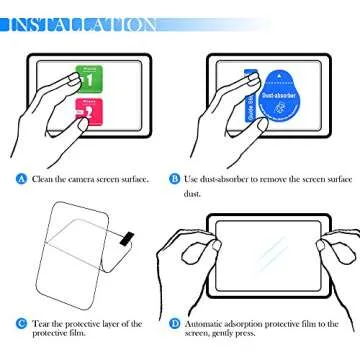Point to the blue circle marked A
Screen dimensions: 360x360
coord(21,179)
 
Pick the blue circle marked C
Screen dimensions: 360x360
coord(21,324)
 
